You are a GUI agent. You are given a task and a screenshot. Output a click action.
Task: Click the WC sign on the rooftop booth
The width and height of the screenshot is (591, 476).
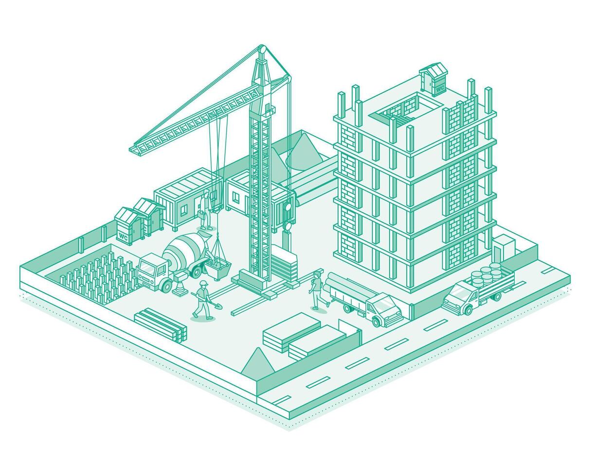[x=439, y=89]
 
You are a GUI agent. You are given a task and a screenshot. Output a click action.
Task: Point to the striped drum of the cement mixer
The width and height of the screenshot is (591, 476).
[x=181, y=250]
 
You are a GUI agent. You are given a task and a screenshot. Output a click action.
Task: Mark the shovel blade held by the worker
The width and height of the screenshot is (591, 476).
[x=217, y=306]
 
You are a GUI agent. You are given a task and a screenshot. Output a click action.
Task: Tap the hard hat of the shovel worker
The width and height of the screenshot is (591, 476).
[x=203, y=283]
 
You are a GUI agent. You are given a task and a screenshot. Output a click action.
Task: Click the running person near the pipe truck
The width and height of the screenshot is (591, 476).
[x=317, y=290]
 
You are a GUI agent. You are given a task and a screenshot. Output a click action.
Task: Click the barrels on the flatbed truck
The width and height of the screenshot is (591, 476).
[x=486, y=274]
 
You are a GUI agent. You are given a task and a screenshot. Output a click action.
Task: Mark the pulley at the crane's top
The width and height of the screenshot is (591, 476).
[x=262, y=49]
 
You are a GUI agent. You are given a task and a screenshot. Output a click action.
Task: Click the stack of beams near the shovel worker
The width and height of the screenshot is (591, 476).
[x=161, y=323]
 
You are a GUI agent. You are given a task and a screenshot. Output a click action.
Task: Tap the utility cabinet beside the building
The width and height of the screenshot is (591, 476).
[x=503, y=248]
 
